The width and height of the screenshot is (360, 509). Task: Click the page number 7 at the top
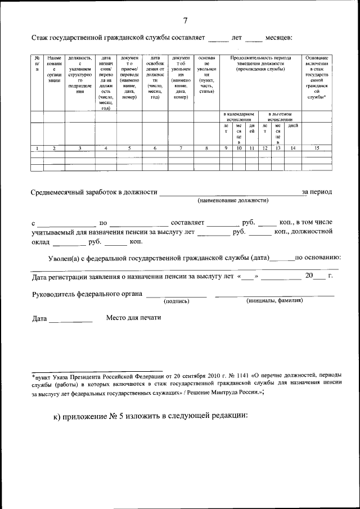click(x=185, y=21)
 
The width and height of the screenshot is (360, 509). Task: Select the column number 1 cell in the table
click(x=37, y=148)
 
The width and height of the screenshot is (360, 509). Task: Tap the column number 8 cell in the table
click(x=206, y=148)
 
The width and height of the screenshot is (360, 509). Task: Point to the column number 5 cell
click(x=129, y=148)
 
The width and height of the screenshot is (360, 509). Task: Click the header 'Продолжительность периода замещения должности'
click(x=260, y=64)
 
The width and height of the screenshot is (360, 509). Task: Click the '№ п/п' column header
click(x=37, y=64)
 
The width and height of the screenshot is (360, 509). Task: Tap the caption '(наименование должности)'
click(x=232, y=200)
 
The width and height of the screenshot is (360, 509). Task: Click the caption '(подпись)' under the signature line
click(x=176, y=301)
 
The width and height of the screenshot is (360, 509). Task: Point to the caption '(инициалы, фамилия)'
click(x=274, y=301)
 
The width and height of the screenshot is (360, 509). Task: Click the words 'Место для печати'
click(x=134, y=318)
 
